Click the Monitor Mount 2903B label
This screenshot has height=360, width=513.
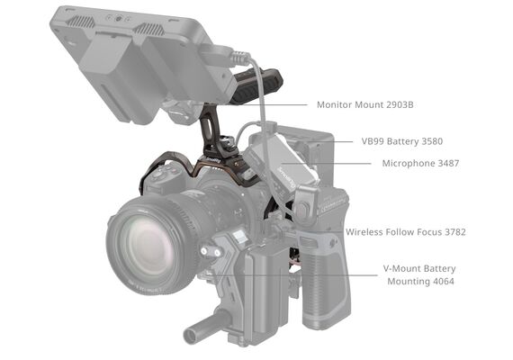pyautogui.click(x=364, y=104)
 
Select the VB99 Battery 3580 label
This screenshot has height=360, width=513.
pyautogui.click(x=401, y=141)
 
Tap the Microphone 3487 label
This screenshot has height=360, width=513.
pyautogui.click(x=420, y=163)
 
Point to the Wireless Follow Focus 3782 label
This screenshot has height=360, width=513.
pyautogui.click(x=406, y=232)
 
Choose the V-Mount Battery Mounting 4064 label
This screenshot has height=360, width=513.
pyautogui.click(x=419, y=274)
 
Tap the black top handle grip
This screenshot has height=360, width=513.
pyautogui.click(x=258, y=87)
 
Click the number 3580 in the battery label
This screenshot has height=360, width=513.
pyautogui.click(x=432, y=141)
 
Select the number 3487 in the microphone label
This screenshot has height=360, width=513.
pyautogui.click(x=448, y=163)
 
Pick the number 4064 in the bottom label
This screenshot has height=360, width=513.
pyautogui.click(x=444, y=281)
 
